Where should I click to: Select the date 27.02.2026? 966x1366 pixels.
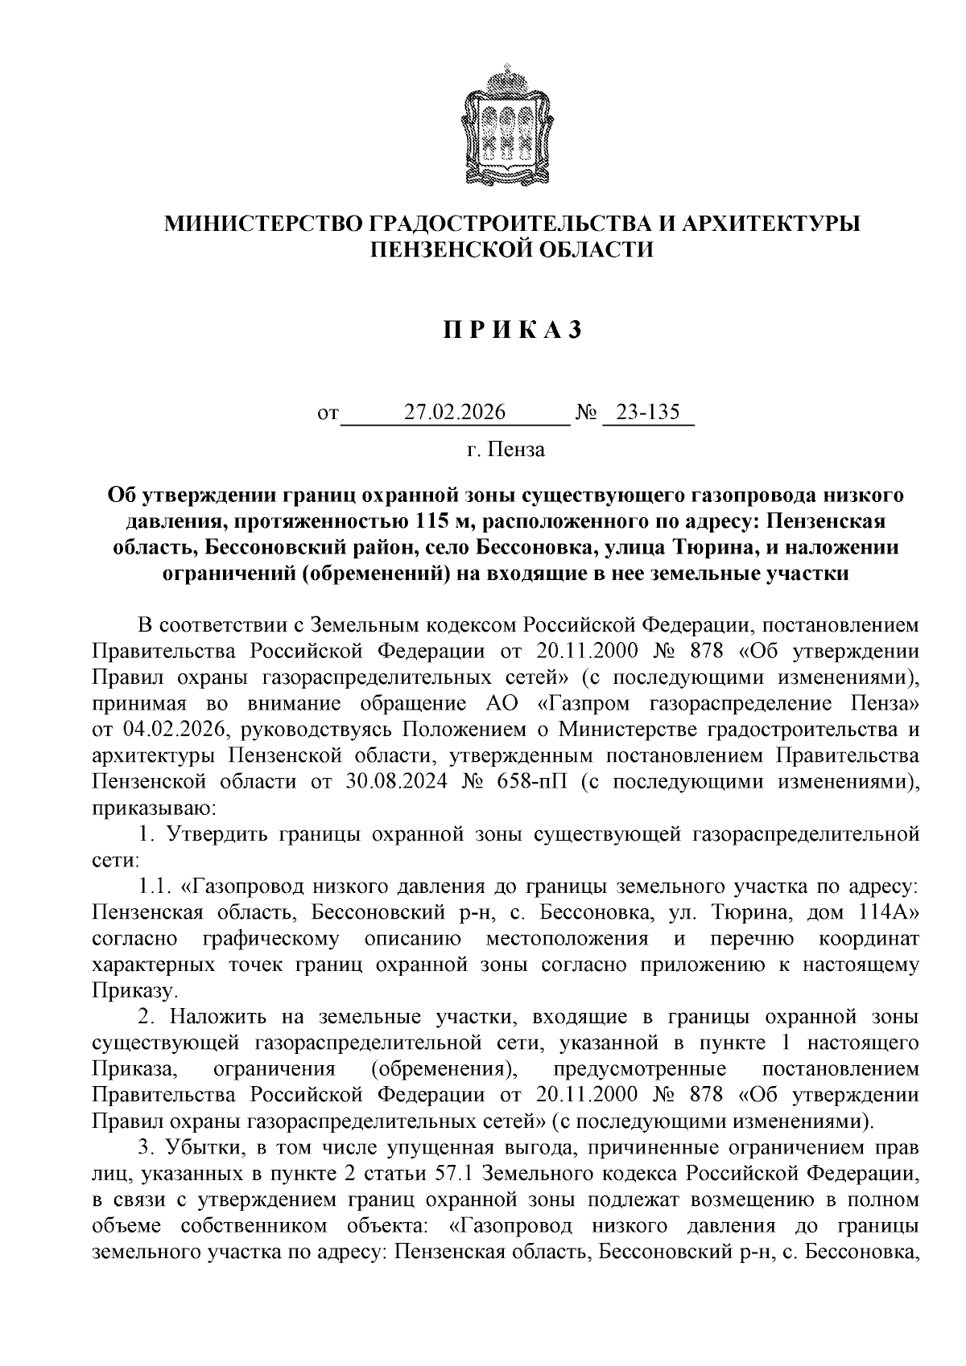tap(455, 413)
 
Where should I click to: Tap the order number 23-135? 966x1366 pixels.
tap(648, 413)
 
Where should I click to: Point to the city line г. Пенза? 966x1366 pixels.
tap(506, 449)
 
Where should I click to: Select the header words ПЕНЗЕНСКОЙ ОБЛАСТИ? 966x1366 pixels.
tap(511, 249)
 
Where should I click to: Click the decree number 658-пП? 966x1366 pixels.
tap(531, 782)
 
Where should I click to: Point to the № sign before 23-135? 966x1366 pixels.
tap(586, 414)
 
